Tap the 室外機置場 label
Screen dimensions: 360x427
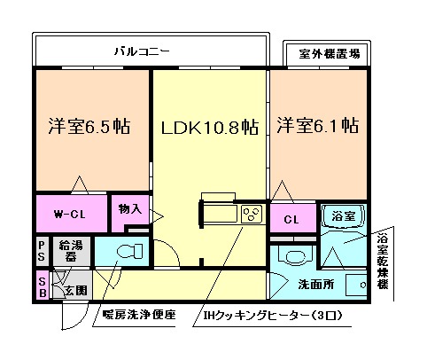point(323,54)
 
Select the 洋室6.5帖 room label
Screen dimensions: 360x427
point(89,127)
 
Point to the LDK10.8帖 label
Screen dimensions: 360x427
point(209,127)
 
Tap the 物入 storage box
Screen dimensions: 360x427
point(129,209)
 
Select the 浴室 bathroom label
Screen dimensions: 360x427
point(343,215)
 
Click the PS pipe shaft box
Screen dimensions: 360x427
point(42,250)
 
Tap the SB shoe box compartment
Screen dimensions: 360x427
point(42,286)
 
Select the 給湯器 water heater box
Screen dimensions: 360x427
point(69,250)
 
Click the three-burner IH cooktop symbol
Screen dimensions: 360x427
point(251,214)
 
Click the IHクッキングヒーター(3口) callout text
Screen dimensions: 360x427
point(268,315)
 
